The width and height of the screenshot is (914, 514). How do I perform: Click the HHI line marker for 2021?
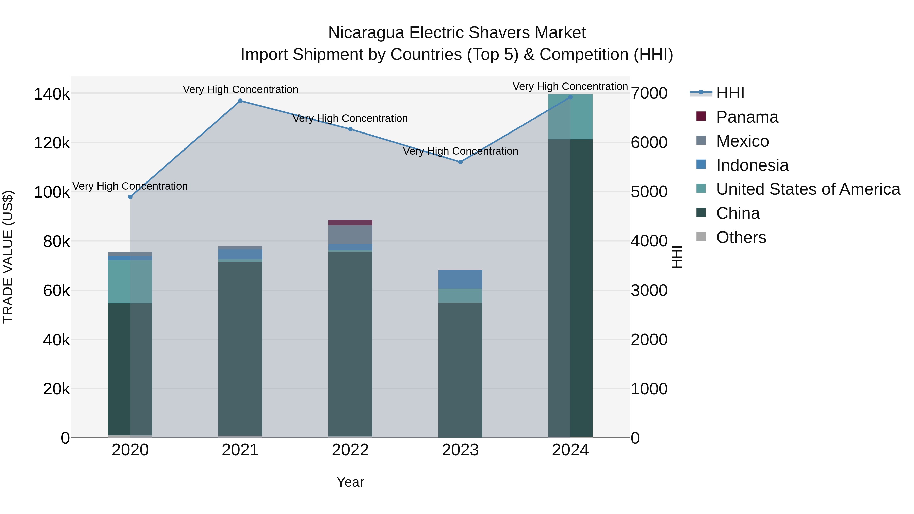tap(240, 101)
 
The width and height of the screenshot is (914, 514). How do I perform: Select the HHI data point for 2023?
tap(460, 162)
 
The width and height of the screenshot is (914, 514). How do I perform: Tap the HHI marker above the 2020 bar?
tap(130, 197)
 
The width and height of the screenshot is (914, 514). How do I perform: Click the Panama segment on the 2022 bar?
tap(350, 222)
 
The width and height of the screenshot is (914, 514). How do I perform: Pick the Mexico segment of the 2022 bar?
tap(350, 235)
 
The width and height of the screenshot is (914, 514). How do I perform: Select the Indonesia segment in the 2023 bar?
tap(460, 279)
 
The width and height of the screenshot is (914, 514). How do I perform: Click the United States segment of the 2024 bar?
tap(570, 117)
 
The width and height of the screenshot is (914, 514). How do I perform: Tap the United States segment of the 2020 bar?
tap(130, 282)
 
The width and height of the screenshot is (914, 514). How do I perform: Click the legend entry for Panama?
tap(747, 117)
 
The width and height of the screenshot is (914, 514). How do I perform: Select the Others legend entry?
tap(741, 237)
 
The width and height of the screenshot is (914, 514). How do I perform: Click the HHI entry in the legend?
tap(730, 93)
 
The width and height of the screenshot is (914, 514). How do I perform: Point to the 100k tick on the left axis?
tap(52, 192)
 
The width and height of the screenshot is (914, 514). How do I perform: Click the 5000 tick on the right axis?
tap(649, 192)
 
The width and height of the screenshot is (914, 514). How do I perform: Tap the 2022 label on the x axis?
tap(350, 450)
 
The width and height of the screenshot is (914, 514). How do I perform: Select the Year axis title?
tap(350, 482)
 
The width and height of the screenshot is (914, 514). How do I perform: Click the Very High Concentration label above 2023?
tap(460, 151)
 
